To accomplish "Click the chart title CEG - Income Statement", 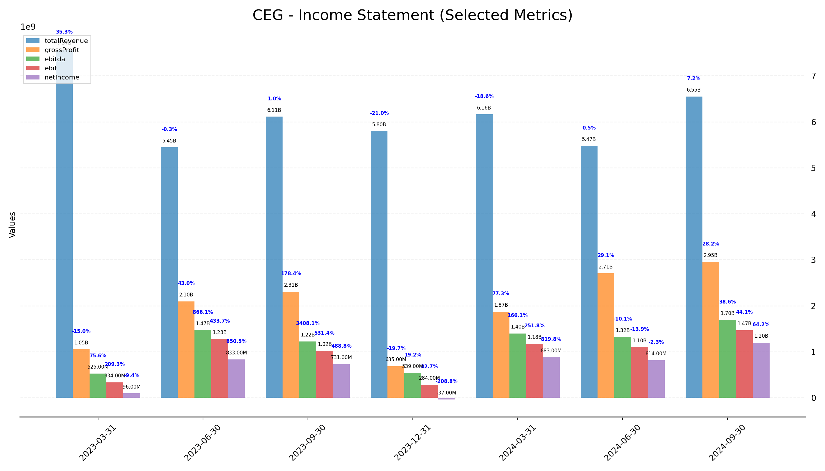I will pyautogui.click(x=412, y=15).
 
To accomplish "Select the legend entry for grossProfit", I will pyautogui.click(x=62, y=50).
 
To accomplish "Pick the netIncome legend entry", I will pyautogui.click(x=62, y=78).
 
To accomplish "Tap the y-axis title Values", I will pyautogui.click(x=12, y=225).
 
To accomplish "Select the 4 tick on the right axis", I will pyautogui.click(x=813, y=214).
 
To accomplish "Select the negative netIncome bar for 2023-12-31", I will pyautogui.click(x=446, y=399).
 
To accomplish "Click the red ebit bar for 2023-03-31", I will pyautogui.click(x=115, y=390).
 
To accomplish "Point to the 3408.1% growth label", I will pyautogui.click(x=308, y=324).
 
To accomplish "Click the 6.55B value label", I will pyautogui.click(x=694, y=90).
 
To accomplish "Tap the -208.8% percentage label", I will pyautogui.click(x=446, y=382).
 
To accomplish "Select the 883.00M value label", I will pyautogui.click(x=551, y=351).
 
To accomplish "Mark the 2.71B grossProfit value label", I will pyautogui.click(x=605, y=267).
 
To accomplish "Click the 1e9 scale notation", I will pyautogui.click(x=28, y=27).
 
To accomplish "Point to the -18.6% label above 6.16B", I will pyautogui.click(x=484, y=96).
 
